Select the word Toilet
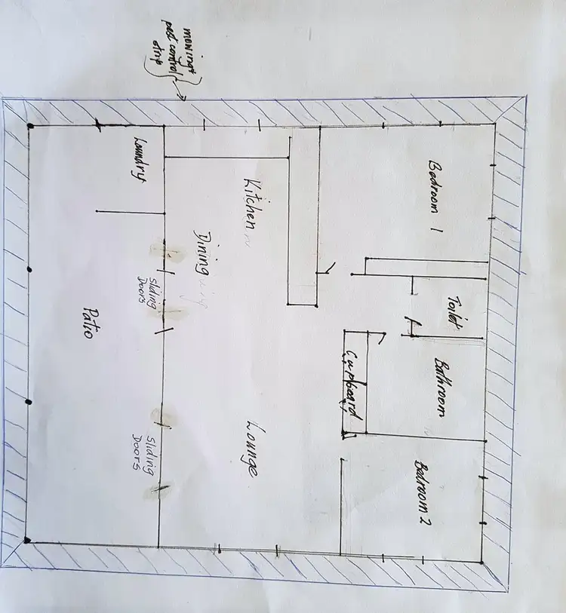pyautogui.click(x=453, y=311)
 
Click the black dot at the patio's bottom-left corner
pyautogui.click(x=28, y=540)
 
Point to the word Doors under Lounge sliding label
pyautogui.click(x=138, y=452)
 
